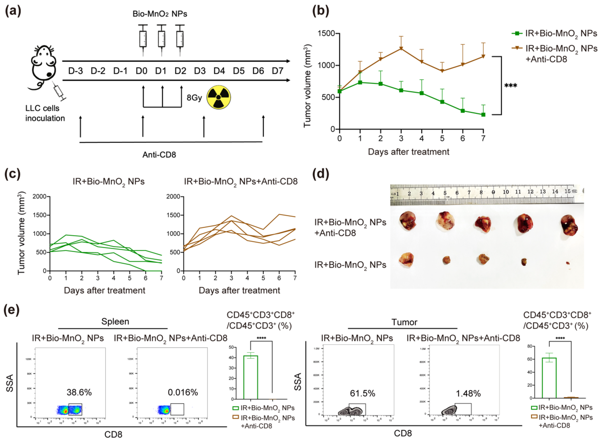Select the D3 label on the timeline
pos(200,71)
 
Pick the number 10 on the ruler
pos(506,192)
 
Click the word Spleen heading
pos(115,321)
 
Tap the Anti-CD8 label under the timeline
pos(159,155)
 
